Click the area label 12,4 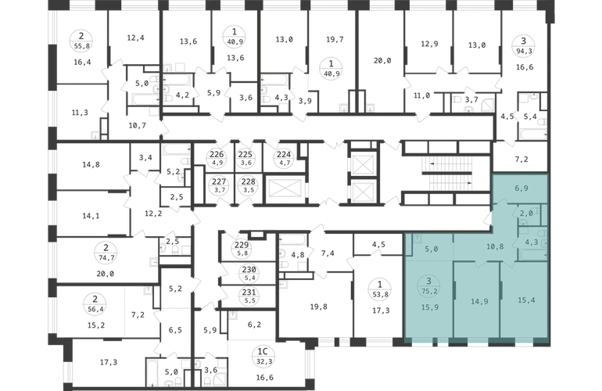pyautogui.click(x=135, y=38)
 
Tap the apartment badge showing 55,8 pyautogui.click(x=81, y=41)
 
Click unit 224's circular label pyautogui.click(x=284, y=158)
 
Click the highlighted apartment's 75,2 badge pyautogui.click(x=429, y=286)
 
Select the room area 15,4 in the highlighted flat pyautogui.click(x=526, y=300)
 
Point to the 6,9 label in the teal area pyautogui.click(x=521, y=188)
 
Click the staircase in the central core pyautogui.click(x=447, y=174)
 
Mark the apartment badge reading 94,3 pyautogui.click(x=523, y=45)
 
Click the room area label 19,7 pyautogui.click(x=335, y=39)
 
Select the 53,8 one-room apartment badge pyautogui.click(x=380, y=289)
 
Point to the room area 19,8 pyautogui.click(x=318, y=307)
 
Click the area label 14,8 pyautogui.click(x=91, y=164)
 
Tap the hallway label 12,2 pyautogui.click(x=153, y=213)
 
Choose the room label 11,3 pyautogui.click(x=80, y=113)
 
